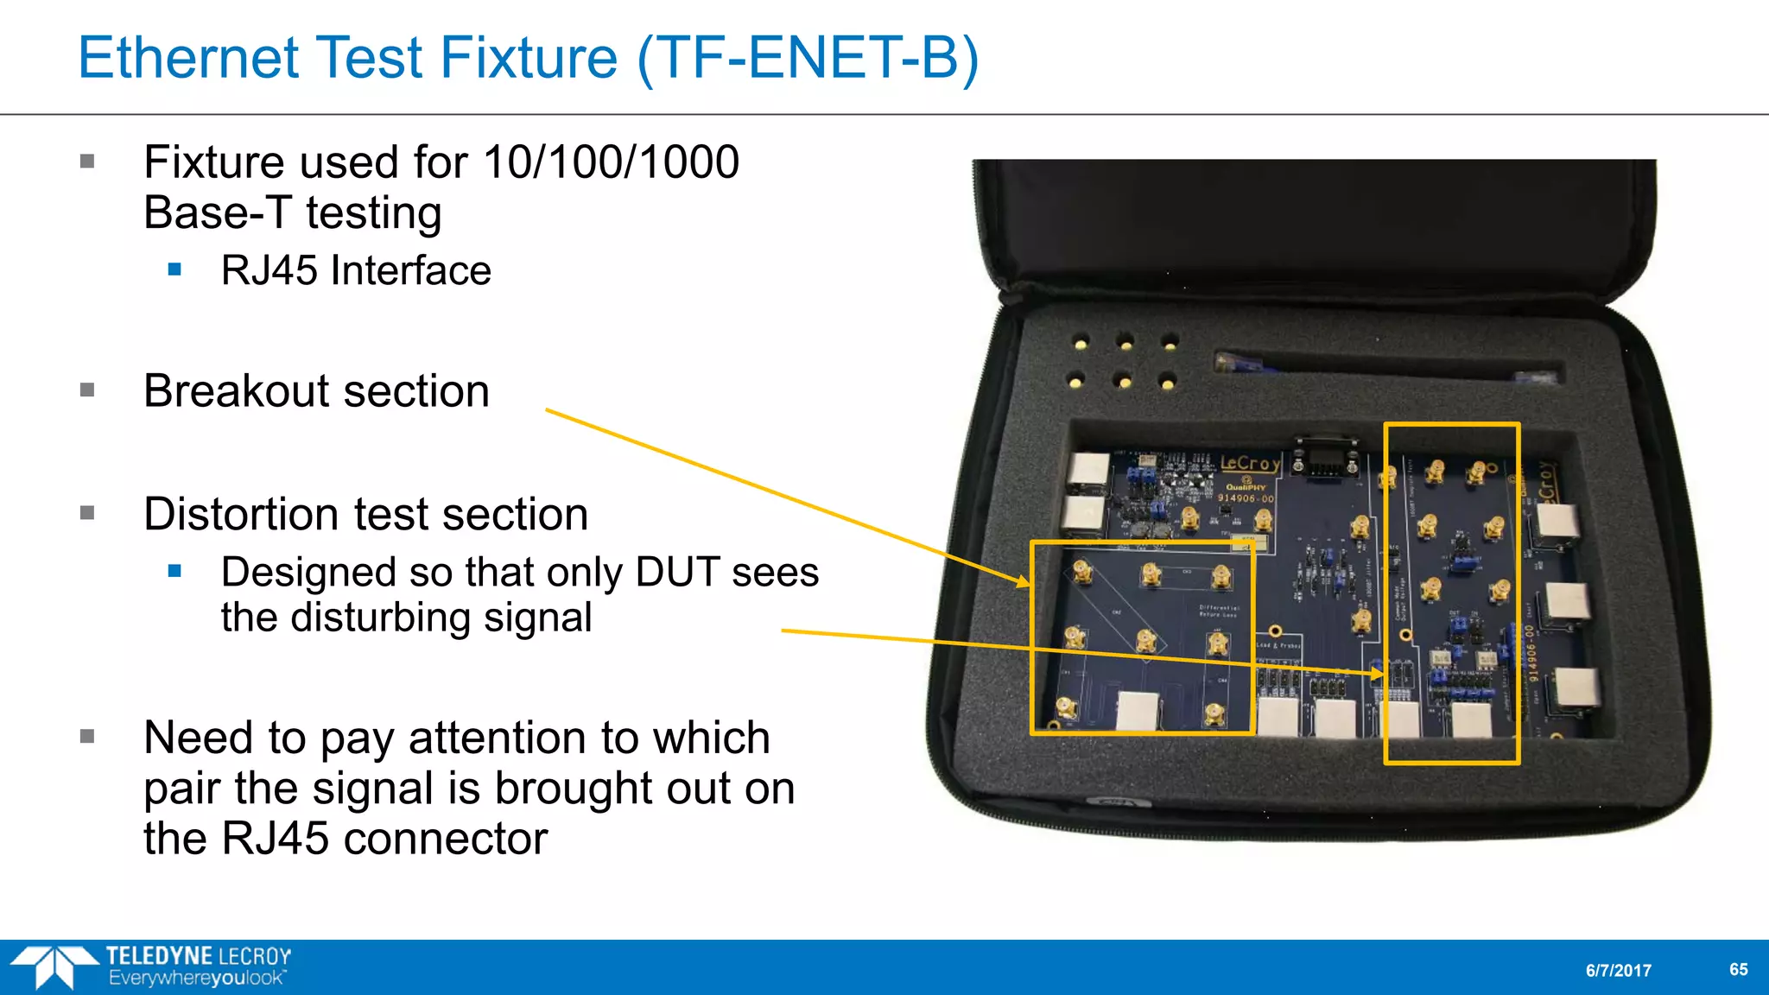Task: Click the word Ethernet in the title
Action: [189, 58]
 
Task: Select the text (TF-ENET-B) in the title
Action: [808, 58]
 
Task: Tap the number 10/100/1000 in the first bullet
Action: [610, 162]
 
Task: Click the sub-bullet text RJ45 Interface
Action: [356, 270]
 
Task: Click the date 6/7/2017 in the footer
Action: [1618, 970]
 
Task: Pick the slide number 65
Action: [1738, 969]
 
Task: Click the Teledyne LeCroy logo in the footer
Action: [151, 966]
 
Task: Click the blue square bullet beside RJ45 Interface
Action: [175, 270]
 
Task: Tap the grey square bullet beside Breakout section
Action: [87, 390]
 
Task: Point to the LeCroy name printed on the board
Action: [1249, 464]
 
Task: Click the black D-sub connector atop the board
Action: [1325, 458]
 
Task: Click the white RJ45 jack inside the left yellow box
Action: [1138, 710]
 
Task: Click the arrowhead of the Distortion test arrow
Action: [1379, 672]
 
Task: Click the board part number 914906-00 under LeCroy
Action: [1246, 498]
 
